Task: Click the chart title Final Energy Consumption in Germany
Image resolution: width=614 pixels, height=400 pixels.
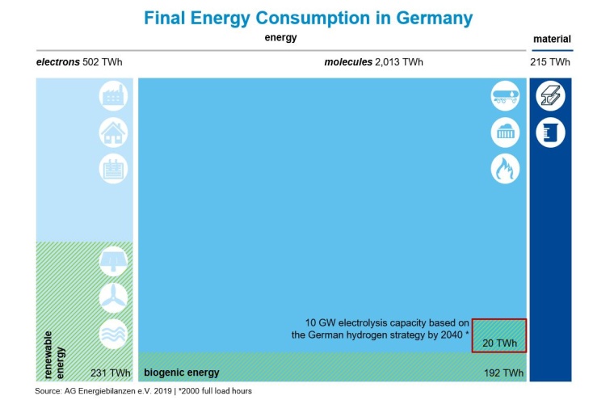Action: pyautogui.click(x=308, y=18)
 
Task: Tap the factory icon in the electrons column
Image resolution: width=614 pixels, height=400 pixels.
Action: pyautogui.click(x=113, y=95)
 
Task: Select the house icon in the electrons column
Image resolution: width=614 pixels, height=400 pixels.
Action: pyautogui.click(x=113, y=132)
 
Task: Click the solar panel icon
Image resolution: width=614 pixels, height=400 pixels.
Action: pyautogui.click(x=113, y=261)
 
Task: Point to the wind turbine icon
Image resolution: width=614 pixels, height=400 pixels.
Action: pyautogui.click(x=113, y=297)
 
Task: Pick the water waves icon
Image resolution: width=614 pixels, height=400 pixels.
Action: pyautogui.click(x=113, y=334)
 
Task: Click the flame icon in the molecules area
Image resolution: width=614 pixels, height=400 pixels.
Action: pyautogui.click(x=505, y=168)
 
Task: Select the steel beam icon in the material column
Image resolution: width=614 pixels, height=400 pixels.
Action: pyautogui.click(x=551, y=95)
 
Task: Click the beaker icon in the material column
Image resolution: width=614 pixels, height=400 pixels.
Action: pyautogui.click(x=551, y=132)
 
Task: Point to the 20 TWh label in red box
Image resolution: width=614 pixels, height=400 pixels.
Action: pyautogui.click(x=499, y=343)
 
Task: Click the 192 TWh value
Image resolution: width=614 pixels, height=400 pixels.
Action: pyautogui.click(x=503, y=373)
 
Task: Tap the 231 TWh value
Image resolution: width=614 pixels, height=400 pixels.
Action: pyautogui.click(x=111, y=373)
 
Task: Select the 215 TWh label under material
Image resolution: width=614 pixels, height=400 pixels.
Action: pyautogui.click(x=550, y=62)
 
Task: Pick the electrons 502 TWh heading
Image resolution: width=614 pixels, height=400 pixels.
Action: pyautogui.click(x=78, y=62)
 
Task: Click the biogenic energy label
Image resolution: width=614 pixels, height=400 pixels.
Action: pyautogui.click(x=181, y=373)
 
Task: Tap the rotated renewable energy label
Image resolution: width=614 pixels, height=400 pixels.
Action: pyautogui.click(x=53, y=354)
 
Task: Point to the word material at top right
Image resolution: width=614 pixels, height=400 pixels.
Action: pyautogui.click(x=552, y=39)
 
